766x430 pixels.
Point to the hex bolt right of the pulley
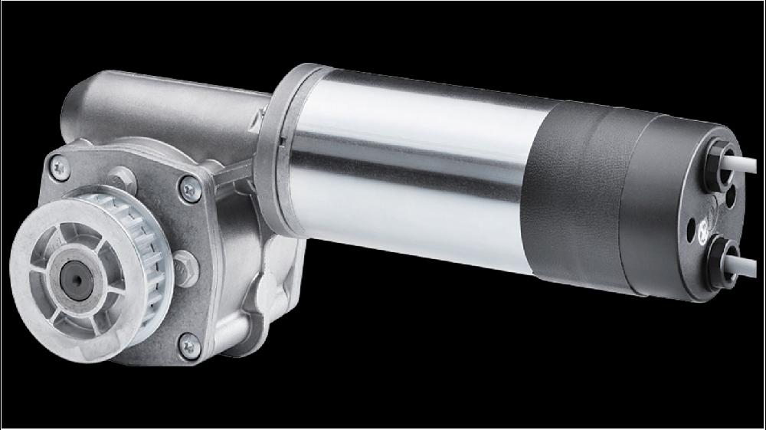click(186, 268)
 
